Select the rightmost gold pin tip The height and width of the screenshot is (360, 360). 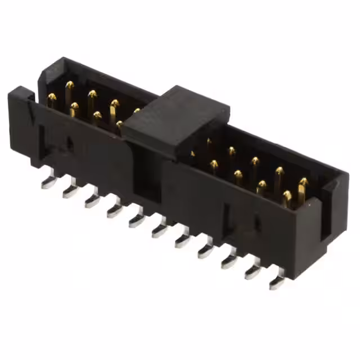point(303,183)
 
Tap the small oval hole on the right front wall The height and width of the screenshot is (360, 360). point(258,224)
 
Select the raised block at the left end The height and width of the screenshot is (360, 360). point(20,107)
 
